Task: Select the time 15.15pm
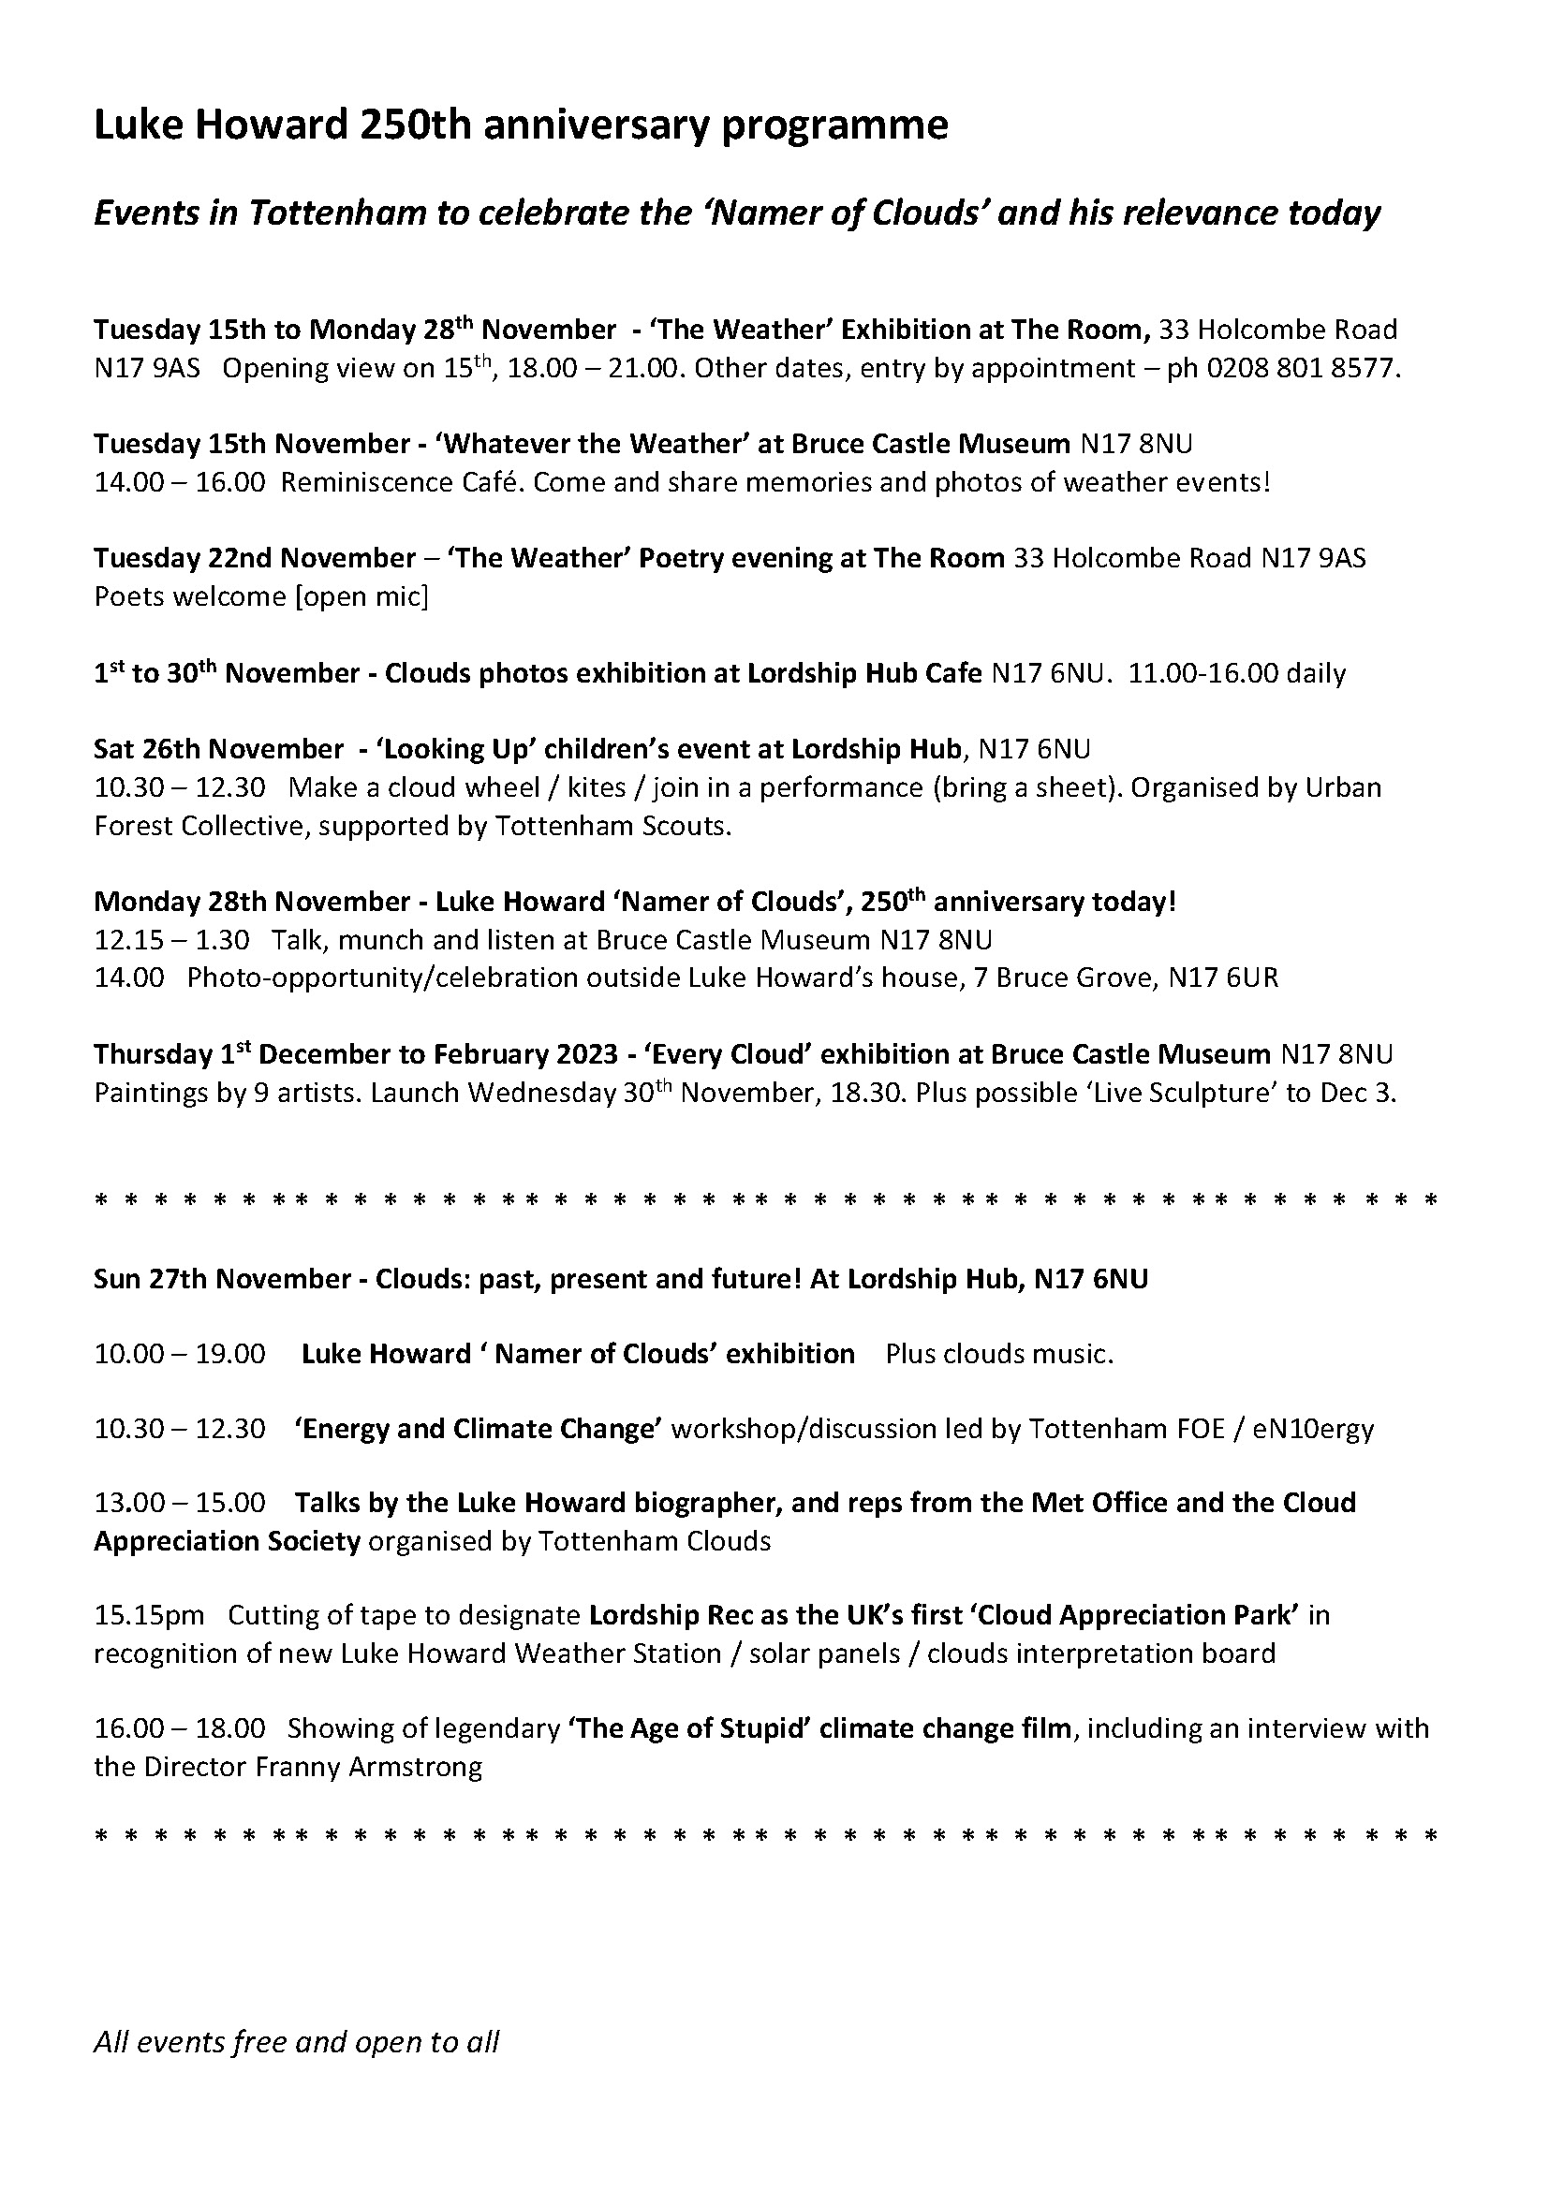[x=149, y=1615]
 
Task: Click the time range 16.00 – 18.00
[x=179, y=1728]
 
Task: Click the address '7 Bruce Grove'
[x=1063, y=977]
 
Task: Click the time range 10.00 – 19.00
[x=179, y=1354]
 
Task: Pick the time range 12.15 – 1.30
[x=171, y=939]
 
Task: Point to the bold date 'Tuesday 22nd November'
[x=255, y=558]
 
